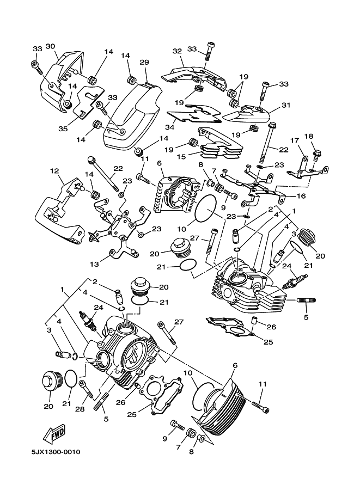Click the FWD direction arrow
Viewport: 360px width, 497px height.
[54, 434]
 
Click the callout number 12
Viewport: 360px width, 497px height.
[54, 171]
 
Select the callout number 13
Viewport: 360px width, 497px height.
[95, 263]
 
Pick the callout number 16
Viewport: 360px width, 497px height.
[301, 196]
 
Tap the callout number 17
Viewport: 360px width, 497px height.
[295, 140]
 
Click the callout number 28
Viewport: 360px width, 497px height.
[80, 409]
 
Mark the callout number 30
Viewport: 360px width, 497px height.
[50, 46]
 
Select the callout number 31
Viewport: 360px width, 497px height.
[286, 105]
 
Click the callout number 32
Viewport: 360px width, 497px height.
[177, 51]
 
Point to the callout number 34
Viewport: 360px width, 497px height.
[170, 127]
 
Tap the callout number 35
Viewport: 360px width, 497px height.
[63, 129]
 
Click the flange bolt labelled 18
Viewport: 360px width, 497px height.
[316, 155]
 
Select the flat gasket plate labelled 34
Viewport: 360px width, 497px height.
[193, 113]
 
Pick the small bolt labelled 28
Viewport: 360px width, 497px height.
[87, 389]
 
